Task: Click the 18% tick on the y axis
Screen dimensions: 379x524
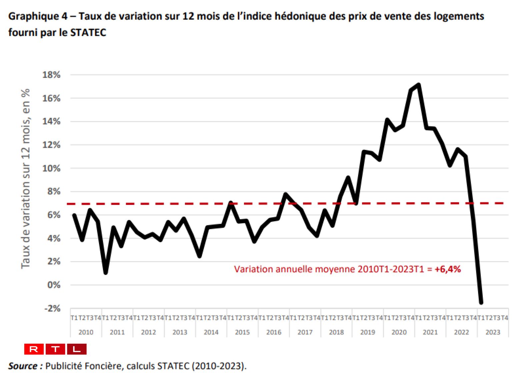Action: pos(51,75)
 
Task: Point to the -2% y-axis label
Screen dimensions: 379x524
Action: pos(52,308)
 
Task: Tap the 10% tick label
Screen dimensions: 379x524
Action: pos(51,168)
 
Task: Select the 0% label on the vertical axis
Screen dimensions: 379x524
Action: pos(54,285)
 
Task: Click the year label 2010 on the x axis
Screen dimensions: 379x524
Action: pos(86,332)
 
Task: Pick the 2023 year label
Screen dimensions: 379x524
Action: pos(493,332)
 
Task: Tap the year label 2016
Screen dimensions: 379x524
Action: pos(274,332)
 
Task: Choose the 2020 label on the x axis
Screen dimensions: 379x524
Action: pos(399,332)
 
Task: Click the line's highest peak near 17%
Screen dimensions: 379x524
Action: pos(419,85)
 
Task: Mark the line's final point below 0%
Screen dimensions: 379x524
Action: pos(481,302)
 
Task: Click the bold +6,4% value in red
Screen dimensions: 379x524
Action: pos(448,269)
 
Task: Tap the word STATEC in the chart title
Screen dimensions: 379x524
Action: pos(88,33)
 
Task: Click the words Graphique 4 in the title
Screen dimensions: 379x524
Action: pos(38,16)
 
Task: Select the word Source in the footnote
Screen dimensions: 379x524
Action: pos(23,366)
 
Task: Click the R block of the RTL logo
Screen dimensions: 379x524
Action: pos(34,349)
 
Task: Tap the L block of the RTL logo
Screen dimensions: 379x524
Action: pos(77,349)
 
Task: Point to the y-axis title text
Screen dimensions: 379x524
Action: pos(26,179)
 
